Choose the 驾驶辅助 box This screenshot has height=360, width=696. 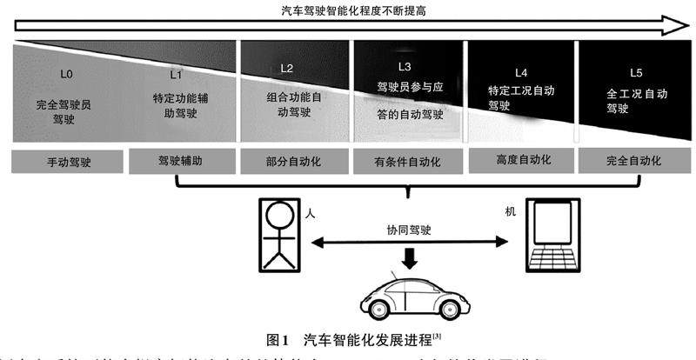click(180, 161)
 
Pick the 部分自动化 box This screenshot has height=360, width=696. click(293, 162)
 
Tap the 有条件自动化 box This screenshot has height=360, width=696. click(407, 162)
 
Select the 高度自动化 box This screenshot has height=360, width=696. click(520, 161)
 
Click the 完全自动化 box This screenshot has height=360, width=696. click(633, 161)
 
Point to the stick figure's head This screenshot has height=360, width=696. click(281, 213)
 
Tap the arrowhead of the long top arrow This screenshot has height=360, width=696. click(674, 26)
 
